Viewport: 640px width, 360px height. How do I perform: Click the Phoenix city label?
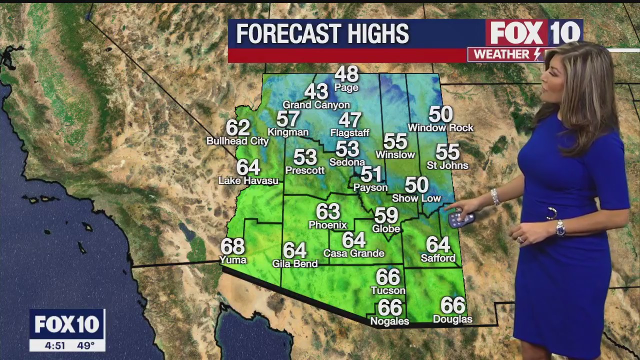[x=327, y=225]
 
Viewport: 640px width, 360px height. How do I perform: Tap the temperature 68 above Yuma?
[x=233, y=246]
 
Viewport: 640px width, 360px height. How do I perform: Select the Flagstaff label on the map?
[x=349, y=133]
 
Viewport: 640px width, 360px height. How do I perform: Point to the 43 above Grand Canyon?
[x=316, y=91]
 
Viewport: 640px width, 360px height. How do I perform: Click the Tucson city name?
[x=388, y=290]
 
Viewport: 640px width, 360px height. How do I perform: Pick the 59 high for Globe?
[x=386, y=215]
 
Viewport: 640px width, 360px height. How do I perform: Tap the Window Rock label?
[x=440, y=128]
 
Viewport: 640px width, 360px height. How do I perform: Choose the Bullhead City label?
[x=237, y=141]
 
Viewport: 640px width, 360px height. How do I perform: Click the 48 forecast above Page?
[x=346, y=74]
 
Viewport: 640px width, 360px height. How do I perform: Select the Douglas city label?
[x=452, y=319]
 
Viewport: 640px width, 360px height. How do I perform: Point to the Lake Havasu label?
[x=248, y=180]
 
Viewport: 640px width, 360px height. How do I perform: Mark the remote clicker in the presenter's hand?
[x=460, y=219]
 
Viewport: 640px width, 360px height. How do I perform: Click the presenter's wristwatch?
[x=560, y=228]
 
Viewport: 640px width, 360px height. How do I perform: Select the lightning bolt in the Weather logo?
[x=537, y=54]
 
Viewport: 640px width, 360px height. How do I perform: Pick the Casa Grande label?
[x=353, y=253]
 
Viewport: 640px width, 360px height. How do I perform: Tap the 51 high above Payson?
[x=371, y=174]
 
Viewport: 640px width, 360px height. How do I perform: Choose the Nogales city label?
[x=389, y=321]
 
